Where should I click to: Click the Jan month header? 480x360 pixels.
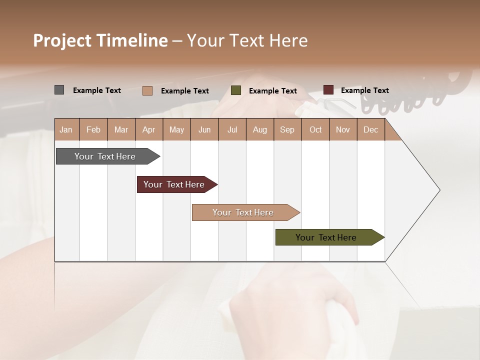coord(66,129)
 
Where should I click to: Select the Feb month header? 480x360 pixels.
coord(93,129)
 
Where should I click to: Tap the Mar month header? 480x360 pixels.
coord(121,129)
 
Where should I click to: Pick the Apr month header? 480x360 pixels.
coord(149,129)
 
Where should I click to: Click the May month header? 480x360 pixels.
coord(176,129)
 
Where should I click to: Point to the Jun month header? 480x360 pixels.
coord(204,129)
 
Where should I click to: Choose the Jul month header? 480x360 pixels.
coord(232,129)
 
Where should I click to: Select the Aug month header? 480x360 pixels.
coord(260,129)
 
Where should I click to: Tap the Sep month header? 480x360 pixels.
coord(287,129)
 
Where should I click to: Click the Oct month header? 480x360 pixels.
coord(315,129)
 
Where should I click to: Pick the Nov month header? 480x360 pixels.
coord(343,129)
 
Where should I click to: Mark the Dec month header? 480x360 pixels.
coord(371,129)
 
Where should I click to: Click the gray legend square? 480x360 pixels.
coord(59,90)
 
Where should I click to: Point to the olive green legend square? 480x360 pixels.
coord(236,90)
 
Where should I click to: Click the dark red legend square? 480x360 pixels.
coord(328,90)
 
